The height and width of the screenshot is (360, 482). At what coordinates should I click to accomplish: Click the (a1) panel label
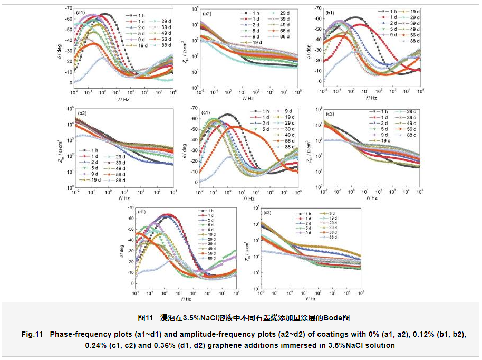pos(81,12)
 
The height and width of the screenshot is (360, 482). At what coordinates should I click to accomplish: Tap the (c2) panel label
pos(330,113)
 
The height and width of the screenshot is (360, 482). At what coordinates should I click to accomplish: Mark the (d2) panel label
pos(267,212)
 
